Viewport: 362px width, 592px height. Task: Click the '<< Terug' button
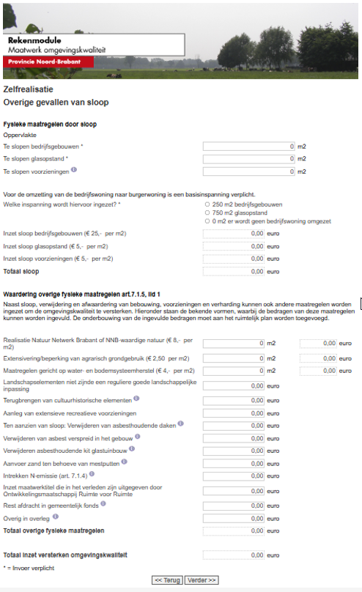click(167, 580)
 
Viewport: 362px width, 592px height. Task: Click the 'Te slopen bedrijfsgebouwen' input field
click(248, 147)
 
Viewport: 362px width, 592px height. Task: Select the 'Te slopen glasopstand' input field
click(248, 159)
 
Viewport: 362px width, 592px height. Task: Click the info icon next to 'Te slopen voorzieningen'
click(73, 171)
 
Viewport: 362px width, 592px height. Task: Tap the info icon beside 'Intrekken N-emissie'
click(91, 474)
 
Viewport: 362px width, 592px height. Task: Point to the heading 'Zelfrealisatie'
click(25, 89)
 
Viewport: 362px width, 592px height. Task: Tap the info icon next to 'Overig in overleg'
click(55, 517)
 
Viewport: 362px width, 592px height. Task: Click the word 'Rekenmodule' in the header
click(34, 40)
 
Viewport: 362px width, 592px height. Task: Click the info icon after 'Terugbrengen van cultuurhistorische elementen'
click(136, 399)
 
